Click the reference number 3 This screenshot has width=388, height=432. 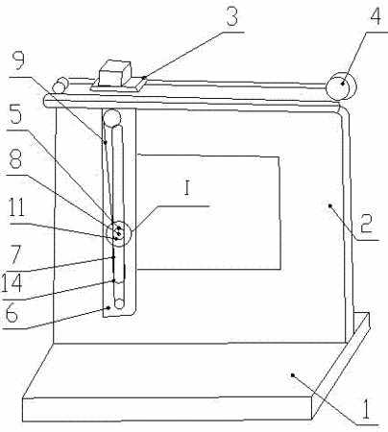pyautogui.click(x=232, y=16)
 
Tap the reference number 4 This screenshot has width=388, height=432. pyautogui.click(x=376, y=16)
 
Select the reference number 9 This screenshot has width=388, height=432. pyautogui.click(x=18, y=60)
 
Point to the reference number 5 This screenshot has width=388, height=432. pyautogui.click(x=15, y=114)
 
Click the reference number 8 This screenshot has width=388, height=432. pyautogui.click(x=15, y=159)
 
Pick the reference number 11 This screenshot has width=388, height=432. pyautogui.click(x=16, y=207)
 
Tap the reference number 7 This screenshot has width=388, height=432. pyautogui.click(x=15, y=254)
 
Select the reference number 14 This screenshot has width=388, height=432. pyautogui.click(x=12, y=282)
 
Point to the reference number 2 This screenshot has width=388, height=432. pyautogui.click(x=366, y=223)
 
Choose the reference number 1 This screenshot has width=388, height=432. pyautogui.click(x=366, y=409)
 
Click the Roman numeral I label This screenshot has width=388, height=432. pyautogui.click(x=187, y=188)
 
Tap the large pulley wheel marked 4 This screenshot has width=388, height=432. pyautogui.click(x=341, y=86)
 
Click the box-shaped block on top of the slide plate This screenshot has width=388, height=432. pyautogui.click(x=114, y=73)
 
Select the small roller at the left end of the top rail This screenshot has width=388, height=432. pyautogui.click(x=61, y=85)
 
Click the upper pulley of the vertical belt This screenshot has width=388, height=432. pyautogui.click(x=111, y=118)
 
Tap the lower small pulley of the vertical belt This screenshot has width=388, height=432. pyautogui.click(x=119, y=303)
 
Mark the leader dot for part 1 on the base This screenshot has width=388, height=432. pyautogui.click(x=292, y=374)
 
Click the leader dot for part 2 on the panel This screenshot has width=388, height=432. pyautogui.click(x=330, y=205)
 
